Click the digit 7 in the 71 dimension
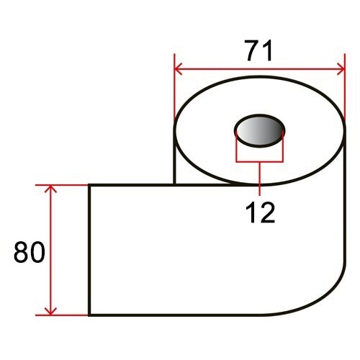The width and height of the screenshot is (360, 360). pyautogui.click(x=254, y=50)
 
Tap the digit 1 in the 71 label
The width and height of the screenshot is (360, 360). pyautogui.click(x=268, y=50)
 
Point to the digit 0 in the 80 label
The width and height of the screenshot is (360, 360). pyautogui.click(x=37, y=252)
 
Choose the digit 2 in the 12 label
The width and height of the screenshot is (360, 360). pyautogui.click(x=267, y=212)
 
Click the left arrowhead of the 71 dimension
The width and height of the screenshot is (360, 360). pyautogui.click(x=179, y=69)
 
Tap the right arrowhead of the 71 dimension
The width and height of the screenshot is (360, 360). pyautogui.click(x=341, y=69)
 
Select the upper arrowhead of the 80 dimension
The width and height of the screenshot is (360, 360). pyautogui.click(x=50, y=189)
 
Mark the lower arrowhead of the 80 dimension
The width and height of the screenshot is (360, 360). pyautogui.click(x=50, y=311)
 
